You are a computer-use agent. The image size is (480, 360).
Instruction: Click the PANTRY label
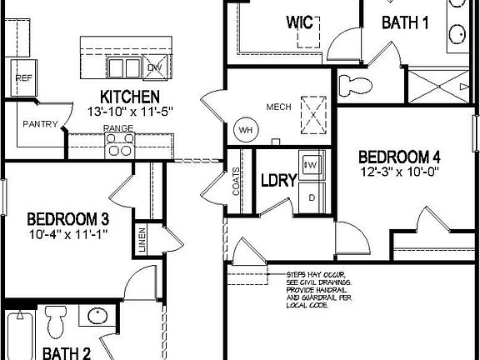pos(40,125)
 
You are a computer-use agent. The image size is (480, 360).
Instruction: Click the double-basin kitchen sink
pos(123,67)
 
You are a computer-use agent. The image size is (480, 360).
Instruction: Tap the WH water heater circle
pos(246,130)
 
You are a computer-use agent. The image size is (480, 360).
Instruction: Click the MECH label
pos(277,107)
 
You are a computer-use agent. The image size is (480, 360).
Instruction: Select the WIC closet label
pos(299,22)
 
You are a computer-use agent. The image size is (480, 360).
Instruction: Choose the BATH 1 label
pos(405,22)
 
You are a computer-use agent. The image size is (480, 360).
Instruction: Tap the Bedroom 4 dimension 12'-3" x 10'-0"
pos(398,172)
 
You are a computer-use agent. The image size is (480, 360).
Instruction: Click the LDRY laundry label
pos(274,180)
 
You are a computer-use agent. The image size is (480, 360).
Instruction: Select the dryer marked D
pos(312,197)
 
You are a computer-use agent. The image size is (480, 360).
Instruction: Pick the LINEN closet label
pos(142,239)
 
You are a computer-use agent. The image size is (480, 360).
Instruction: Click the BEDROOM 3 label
pos(68,219)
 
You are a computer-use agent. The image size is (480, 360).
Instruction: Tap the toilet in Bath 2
pos(57,321)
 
